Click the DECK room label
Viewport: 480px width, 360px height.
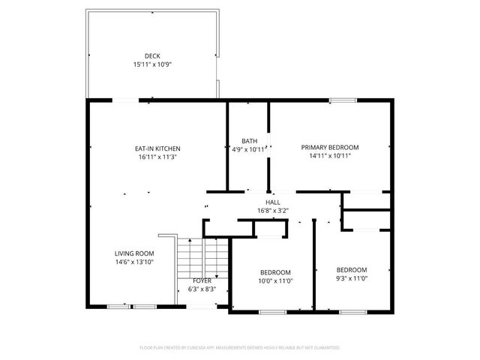152,56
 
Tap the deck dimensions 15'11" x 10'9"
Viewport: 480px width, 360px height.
152,64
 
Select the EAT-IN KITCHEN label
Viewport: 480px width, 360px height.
157,148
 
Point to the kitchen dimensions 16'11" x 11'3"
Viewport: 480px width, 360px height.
157,157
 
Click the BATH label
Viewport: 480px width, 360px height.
250,141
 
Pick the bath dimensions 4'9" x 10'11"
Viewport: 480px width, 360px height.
248,149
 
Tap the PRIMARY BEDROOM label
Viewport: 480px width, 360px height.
330,147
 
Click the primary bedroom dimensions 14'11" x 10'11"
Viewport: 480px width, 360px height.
330,156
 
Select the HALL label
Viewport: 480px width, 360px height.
273,202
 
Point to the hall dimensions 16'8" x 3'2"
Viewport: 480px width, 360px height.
273,211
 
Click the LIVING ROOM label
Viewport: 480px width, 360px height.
134,253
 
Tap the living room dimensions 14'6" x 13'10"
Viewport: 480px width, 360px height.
134,262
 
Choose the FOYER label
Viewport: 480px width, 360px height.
201,280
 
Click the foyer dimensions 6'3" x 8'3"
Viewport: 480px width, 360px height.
201,289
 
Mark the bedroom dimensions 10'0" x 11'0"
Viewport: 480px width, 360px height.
275,281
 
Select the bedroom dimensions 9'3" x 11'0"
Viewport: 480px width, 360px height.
351,278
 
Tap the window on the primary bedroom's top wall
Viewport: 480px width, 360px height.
343,100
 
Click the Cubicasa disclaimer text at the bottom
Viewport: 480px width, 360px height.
240,348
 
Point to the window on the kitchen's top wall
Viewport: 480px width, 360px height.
125,100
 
